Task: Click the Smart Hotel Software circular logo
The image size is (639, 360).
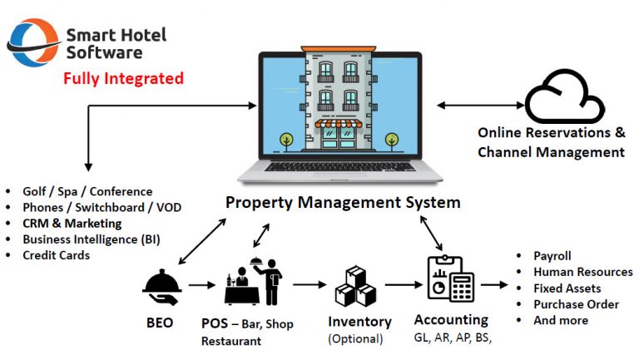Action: [32, 42]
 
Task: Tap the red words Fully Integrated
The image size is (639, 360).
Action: [123, 80]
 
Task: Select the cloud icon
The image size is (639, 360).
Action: [565, 98]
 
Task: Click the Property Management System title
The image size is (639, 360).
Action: [343, 202]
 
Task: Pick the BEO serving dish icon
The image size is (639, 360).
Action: [162, 285]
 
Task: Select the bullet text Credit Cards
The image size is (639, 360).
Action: [56, 255]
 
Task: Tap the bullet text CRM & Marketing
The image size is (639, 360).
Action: [72, 224]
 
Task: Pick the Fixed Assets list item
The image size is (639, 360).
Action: [567, 288]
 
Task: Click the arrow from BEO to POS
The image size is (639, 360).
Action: [203, 285]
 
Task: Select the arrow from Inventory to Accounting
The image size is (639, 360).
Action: [398, 285]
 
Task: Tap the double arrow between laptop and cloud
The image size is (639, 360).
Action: [480, 106]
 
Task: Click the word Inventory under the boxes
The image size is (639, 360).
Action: [359, 321]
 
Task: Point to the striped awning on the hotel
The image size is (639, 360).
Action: [338, 124]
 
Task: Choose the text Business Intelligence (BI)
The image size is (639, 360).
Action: [92, 239]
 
